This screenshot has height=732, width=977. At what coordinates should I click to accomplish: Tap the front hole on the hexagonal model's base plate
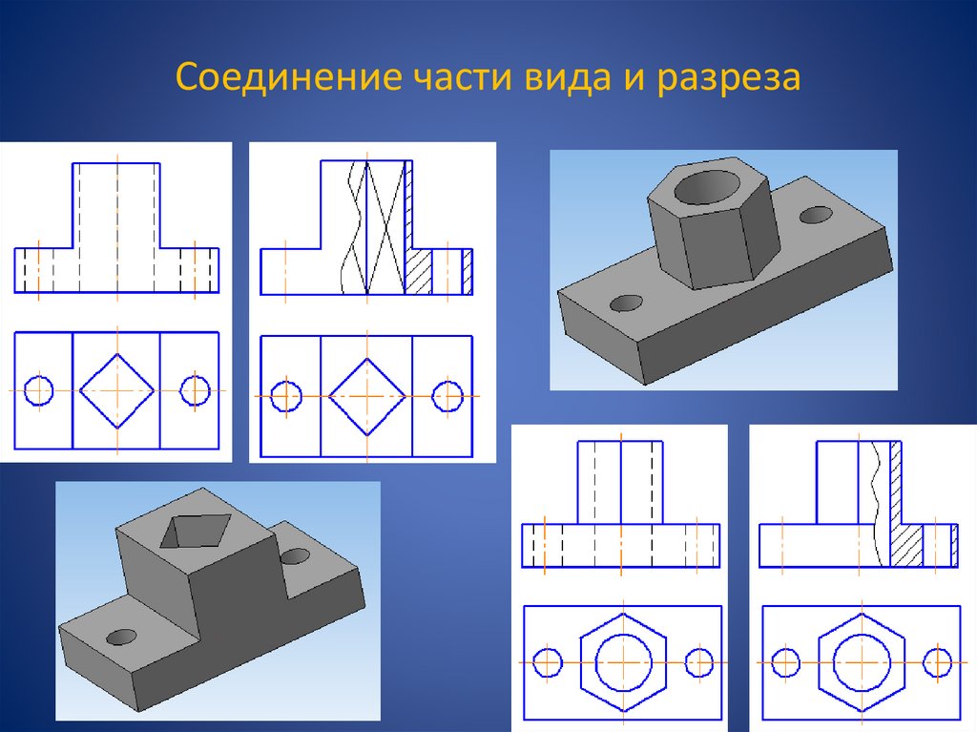[x=626, y=303]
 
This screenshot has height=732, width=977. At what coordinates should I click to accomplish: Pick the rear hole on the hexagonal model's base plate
[x=816, y=215]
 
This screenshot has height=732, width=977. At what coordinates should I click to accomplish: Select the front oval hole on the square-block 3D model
[x=121, y=636]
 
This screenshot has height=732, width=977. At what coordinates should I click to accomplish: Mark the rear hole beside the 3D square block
[x=297, y=555]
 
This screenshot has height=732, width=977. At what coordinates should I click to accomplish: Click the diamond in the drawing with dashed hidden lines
[x=116, y=390]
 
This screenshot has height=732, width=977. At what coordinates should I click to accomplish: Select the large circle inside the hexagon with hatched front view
[x=861, y=661]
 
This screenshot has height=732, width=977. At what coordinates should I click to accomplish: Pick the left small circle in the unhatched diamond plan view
[x=38, y=390]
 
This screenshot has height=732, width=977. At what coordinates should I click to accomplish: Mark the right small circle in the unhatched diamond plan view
[x=195, y=390]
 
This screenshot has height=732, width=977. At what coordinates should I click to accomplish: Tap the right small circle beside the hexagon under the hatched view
[x=938, y=661]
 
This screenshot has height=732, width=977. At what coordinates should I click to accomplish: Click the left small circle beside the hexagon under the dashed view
[x=548, y=661]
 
